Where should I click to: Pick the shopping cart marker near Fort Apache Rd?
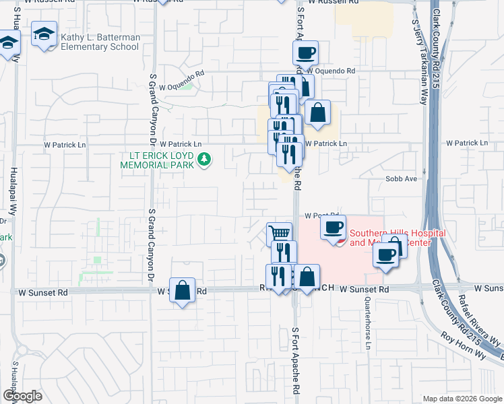tap(279, 235)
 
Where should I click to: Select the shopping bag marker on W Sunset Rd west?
tap(182, 291)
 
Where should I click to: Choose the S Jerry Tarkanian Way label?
tap(418, 61)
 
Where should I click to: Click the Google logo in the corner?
tap(22, 396)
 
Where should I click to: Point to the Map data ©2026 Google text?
tap(462, 399)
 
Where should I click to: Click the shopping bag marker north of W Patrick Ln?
tap(317, 112)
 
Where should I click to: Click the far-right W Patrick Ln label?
tap(466, 143)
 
